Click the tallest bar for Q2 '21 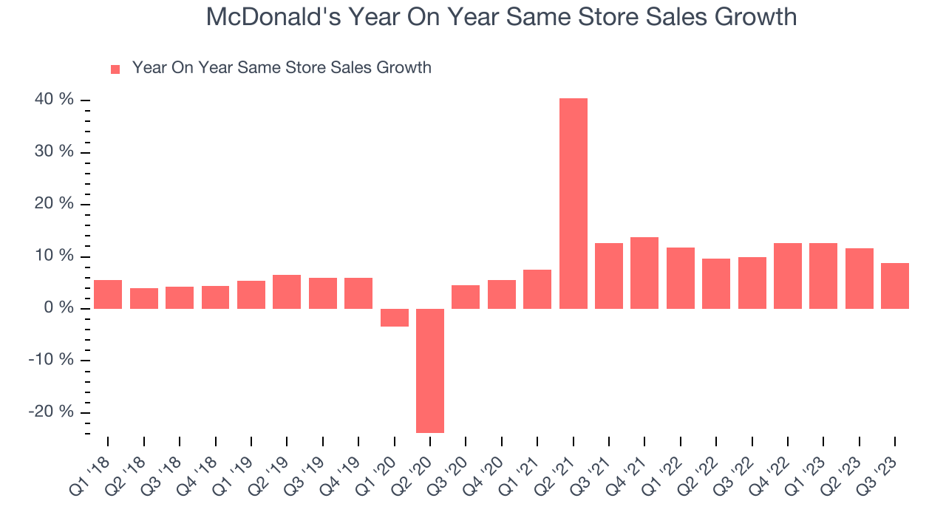(573, 203)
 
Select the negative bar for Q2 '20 (430, 370)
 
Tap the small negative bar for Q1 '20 (394, 317)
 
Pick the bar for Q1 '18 (108, 294)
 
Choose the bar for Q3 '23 (894, 286)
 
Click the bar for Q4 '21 (644, 273)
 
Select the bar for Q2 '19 (287, 292)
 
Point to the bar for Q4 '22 (787, 276)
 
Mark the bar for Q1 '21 (537, 289)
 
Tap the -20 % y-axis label (52, 412)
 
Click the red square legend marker (115, 69)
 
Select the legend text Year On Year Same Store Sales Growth (282, 68)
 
